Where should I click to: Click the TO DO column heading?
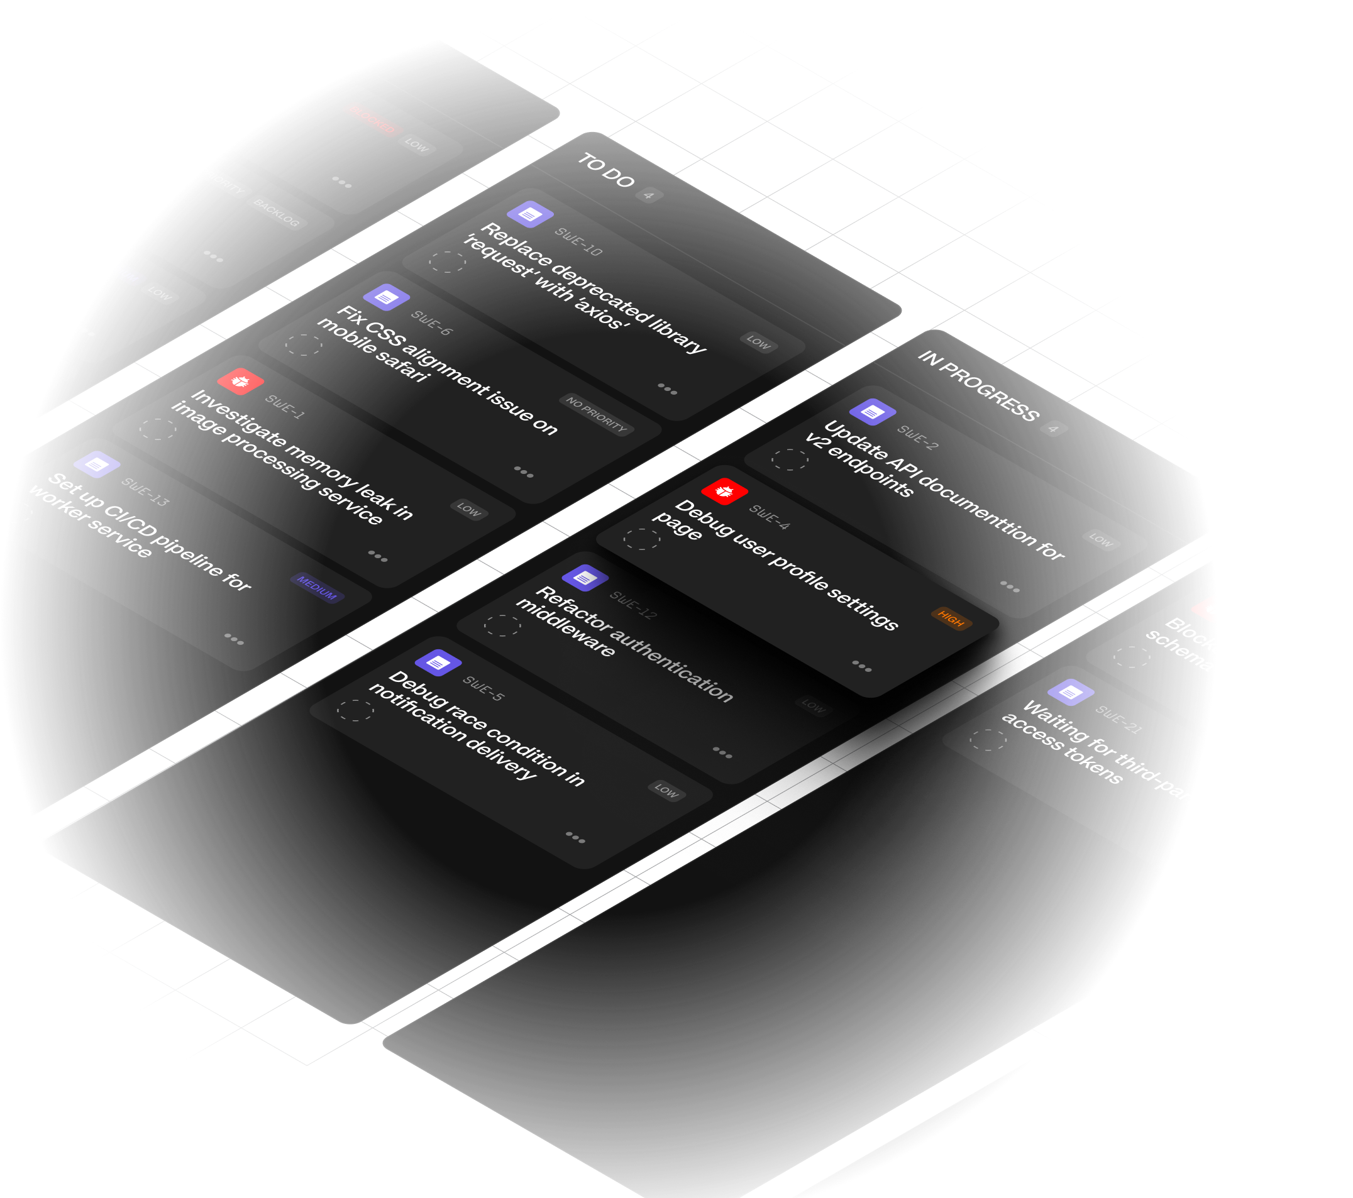[x=606, y=170]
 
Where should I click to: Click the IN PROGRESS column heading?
[x=978, y=386]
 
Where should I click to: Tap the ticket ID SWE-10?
[x=578, y=241]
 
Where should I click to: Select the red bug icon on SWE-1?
[x=240, y=382]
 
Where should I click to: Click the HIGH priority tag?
[x=951, y=619]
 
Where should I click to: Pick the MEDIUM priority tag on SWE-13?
[x=317, y=587]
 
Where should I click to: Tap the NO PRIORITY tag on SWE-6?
[x=596, y=414]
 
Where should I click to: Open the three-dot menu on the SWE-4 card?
[x=861, y=665]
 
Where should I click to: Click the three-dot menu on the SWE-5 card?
[x=575, y=837]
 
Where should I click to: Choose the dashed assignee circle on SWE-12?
[x=502, y=625]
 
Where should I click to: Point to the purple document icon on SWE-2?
[x=873, y=412]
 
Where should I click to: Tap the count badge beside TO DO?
[x=649, y=195]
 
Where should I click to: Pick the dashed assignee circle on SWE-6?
[x=303, y=345]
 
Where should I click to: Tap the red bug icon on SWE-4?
[x=724, y=491]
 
